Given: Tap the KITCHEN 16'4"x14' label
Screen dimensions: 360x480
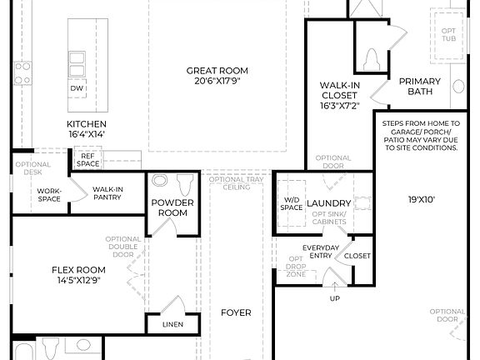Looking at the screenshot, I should click(x=87, y=128).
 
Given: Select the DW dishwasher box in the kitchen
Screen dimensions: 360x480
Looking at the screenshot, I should click(x=77, y=88).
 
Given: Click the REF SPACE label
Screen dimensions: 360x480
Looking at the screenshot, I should click(x=87, y=160).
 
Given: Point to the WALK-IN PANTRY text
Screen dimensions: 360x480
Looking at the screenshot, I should click(x=108, y=194).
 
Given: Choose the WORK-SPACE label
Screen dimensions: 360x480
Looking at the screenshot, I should click(x=49, y=194).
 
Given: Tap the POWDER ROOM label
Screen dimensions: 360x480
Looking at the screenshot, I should click(x=172, y=207).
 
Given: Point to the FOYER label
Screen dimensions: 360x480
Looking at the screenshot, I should click(x=236, y=313).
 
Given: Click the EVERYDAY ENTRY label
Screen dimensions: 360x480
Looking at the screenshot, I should click(x=320, y=252).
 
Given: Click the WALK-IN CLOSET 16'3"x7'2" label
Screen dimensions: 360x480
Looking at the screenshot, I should click(x=339, y=95).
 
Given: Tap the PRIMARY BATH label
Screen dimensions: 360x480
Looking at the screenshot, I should click(x=419, y=86).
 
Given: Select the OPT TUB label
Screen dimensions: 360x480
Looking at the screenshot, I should click(x=448, y=35).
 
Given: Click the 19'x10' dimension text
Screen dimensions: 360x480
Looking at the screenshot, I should click(x=421, y=201).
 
